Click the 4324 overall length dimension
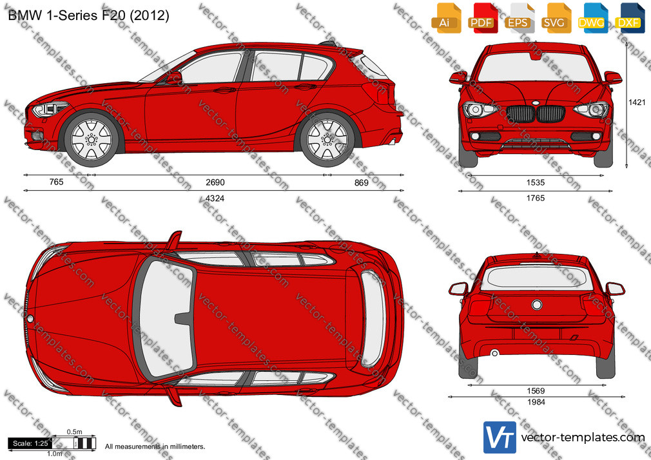pos(215,198)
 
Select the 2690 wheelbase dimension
pos(215,182)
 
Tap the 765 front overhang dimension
pos(57,182)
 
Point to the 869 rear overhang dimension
pos(361,183)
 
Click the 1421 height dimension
pos(637,102)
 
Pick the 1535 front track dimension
pos(536,183)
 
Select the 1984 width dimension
pos(536,402)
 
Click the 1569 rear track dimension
pos(536,390)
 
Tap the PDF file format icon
pos(482,18)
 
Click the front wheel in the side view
pos(92,139)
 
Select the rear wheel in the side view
pos(327,139)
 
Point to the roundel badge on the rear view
pos(537,305)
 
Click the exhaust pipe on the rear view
pos(494,353)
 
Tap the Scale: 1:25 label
pos(30,443)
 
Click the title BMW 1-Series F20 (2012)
pos(88,15)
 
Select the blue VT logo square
pos(500,437)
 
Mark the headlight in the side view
pos(50,109)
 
